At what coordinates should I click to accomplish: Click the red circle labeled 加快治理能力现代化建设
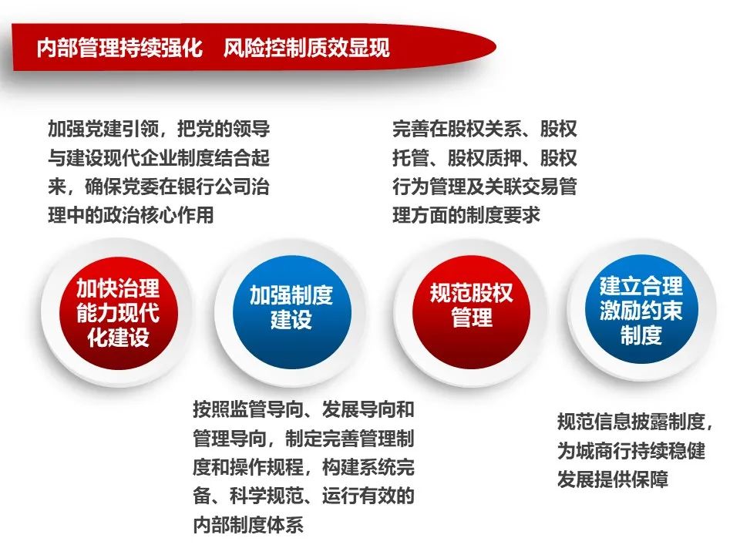pos(119,313)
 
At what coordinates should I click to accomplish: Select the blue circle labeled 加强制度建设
pos(291,312)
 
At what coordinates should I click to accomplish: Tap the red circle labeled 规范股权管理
pos(471,311)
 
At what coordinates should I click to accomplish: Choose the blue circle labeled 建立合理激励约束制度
pos(641,310)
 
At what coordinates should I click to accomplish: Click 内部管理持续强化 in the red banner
pos(120,48)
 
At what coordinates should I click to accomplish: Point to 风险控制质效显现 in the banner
pos(307,48)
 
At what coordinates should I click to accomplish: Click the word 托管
pos(411,157)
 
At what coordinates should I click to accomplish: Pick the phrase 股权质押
pos(484,157)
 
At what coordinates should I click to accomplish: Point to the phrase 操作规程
pos(267,467)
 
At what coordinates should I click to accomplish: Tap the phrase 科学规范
pos(267,496)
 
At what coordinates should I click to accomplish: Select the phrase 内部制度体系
pos(248,525)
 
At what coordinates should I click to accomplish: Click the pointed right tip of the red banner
pos(496,47)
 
